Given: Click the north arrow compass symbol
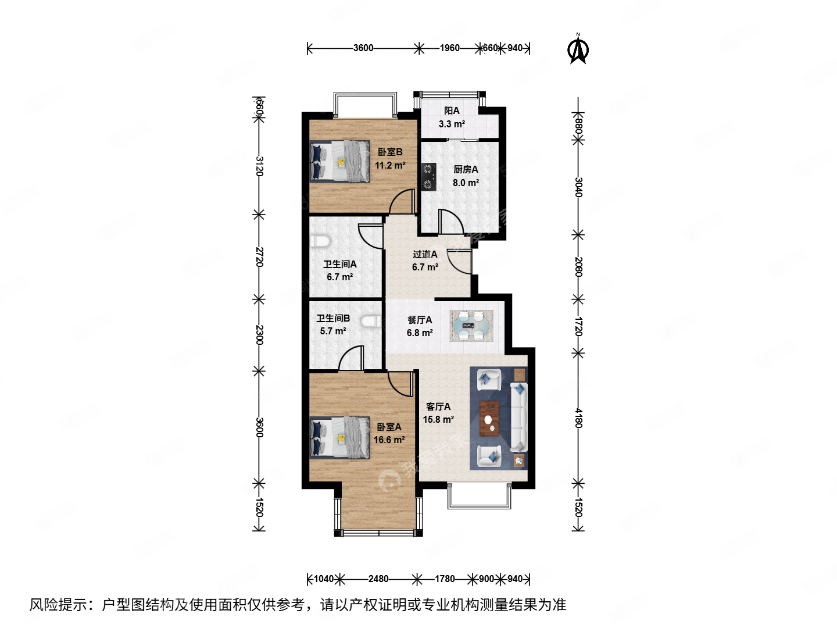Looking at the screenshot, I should [578, 49].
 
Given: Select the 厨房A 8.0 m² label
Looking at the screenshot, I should [466, 176].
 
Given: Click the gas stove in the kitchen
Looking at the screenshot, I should [428, 177].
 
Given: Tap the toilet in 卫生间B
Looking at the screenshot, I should [370, 322].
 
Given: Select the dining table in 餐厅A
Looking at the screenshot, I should [471, 326].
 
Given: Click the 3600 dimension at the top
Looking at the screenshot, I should [363, 48].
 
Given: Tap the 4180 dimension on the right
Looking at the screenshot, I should [578, 418].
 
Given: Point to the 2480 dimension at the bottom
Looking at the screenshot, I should [378, 579].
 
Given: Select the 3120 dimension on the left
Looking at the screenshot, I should [259, 166].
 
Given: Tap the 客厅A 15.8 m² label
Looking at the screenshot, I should [438, 413].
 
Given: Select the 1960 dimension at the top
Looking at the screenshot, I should [449, 48].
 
